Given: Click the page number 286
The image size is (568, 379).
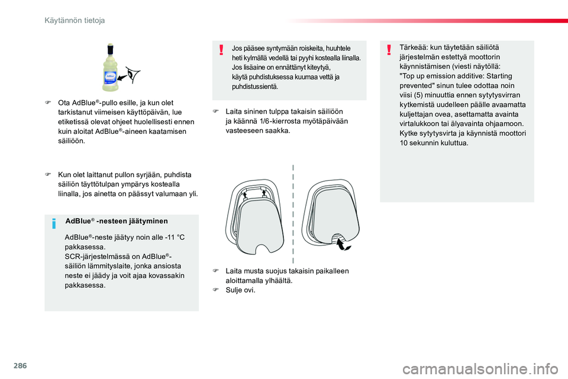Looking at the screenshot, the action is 20,365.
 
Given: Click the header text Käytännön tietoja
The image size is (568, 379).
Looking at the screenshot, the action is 75,21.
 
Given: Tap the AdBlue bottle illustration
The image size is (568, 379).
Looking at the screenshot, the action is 110,68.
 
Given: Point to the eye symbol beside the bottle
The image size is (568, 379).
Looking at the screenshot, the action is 133,75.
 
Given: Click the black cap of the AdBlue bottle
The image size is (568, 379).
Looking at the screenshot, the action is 110,49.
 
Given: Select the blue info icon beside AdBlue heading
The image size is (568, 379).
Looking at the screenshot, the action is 54,223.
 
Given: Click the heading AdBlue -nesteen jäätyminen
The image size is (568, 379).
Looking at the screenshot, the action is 117,221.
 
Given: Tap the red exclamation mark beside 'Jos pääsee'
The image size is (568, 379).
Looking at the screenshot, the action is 221,50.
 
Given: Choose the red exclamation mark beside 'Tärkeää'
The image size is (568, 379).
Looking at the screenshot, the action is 389,50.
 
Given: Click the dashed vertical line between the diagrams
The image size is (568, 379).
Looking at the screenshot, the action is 293,214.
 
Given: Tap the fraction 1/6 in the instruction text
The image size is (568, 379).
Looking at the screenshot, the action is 265,121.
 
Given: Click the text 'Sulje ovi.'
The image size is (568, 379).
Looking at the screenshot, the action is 241,290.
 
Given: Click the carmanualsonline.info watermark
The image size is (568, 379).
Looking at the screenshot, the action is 480,369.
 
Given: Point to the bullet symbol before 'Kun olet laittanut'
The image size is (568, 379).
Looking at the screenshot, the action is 47,175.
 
